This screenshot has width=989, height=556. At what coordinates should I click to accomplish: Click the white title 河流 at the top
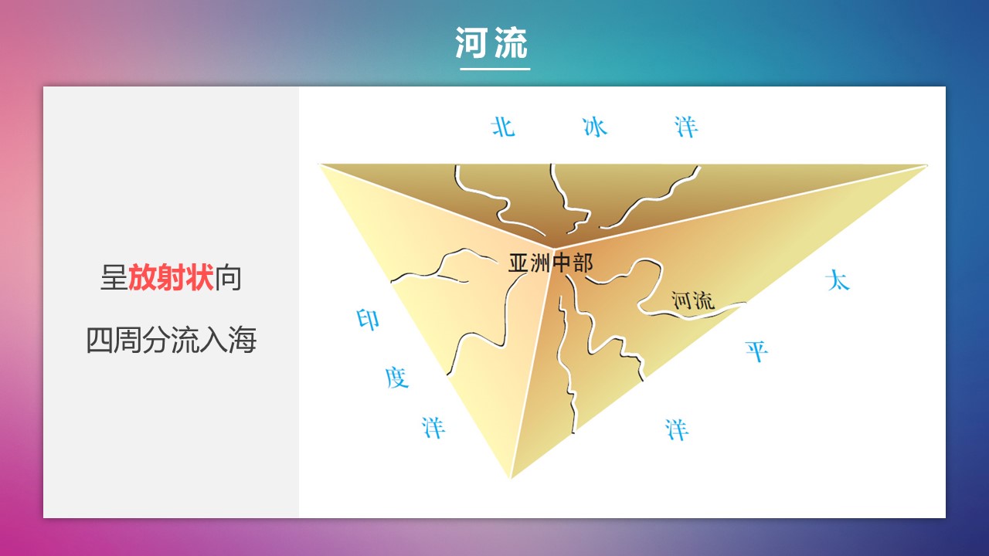pos(491,42)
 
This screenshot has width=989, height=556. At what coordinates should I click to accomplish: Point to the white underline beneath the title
pos(495,69)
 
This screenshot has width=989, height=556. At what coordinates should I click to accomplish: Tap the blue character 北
pos(503,127)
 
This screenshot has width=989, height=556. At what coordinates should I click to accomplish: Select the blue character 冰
pos(595,127)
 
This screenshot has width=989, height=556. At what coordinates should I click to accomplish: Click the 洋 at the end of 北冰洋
pos(686,127)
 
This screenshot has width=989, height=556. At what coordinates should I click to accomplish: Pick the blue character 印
pos(368,320)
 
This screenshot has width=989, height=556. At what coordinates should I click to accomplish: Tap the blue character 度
pos(397,378)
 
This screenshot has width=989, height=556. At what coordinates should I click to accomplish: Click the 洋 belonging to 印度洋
pos(433,428)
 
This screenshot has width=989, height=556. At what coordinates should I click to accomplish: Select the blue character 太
pos(838,280)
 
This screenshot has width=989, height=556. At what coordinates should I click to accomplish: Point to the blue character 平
pos(756,351)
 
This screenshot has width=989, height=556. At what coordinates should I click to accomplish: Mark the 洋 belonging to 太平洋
pos(677,430)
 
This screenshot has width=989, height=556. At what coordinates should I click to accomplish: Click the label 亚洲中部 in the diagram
pos(551,263)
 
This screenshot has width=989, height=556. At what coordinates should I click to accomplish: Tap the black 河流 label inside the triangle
pos(693,301)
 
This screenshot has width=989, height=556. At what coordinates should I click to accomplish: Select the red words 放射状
pos(172,277)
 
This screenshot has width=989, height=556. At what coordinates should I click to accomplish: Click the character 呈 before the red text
pos(114,277)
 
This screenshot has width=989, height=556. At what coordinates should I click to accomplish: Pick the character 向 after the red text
pos(228,277)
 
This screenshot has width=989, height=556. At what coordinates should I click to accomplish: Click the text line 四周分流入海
pos(172,340)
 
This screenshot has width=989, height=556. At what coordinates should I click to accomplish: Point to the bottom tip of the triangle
pos(511,478)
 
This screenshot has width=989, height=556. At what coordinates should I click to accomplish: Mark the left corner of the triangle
pos(319,164)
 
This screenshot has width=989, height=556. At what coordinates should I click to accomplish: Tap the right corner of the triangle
pos(927,165)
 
